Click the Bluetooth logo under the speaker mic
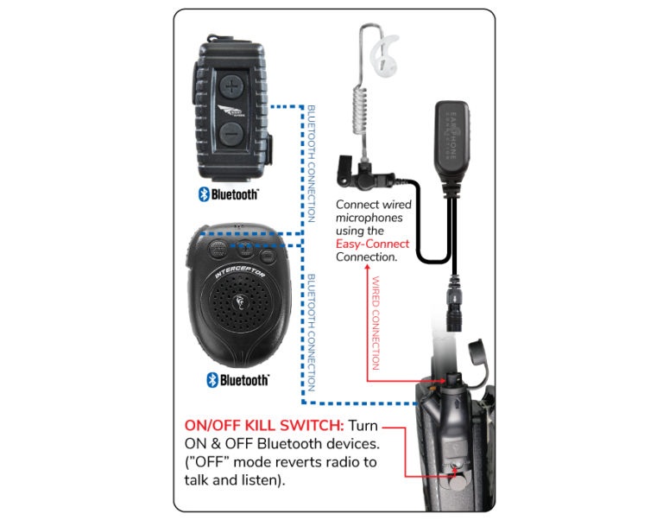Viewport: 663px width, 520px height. [x=237, y=379]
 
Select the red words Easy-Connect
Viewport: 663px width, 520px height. [x=372, y=244]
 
